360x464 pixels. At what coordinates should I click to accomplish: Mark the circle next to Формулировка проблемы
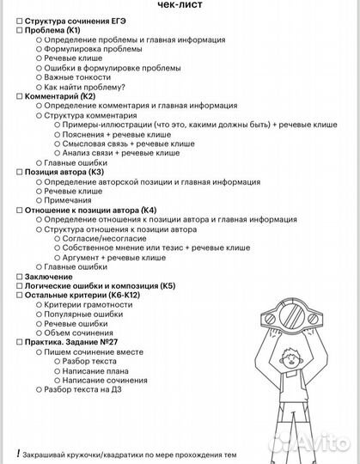click(39, 49)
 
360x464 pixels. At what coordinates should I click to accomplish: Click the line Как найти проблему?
click(85, 87)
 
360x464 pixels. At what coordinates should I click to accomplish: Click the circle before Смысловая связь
click(57, 143)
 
